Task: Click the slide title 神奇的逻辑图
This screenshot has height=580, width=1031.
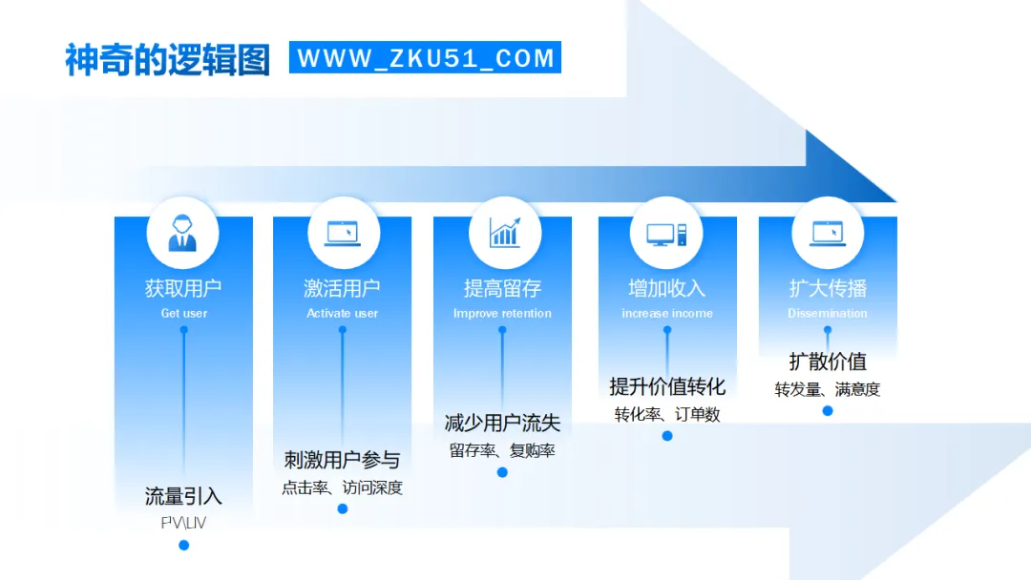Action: coord(167,59)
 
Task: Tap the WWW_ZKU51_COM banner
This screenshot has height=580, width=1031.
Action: coord(425,58)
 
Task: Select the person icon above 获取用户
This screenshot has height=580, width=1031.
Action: coord(182,233)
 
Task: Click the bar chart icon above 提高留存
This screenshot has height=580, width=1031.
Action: coord(504,233)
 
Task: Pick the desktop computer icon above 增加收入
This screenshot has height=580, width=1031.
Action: coord(666,233)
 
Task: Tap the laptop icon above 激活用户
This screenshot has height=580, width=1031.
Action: coord(343,233)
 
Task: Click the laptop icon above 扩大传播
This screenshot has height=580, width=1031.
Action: coord(827,233)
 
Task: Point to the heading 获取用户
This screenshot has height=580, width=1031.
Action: coord(183,288)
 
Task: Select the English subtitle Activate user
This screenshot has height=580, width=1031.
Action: coord(343,313)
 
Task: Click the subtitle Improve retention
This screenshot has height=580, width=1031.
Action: coord(502,313)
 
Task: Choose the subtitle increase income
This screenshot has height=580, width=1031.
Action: coord(667,313)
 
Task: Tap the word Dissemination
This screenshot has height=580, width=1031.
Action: coord(828,313)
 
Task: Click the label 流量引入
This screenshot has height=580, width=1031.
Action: coord(183,496)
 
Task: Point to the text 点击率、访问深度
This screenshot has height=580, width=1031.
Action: coord(342,487)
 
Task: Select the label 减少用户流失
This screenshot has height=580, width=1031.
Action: coord(502,424)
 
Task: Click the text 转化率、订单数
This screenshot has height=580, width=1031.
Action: coord(667,414)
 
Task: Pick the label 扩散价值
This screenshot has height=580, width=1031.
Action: coord(828,362)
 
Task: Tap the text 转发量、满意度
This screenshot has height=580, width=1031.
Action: coord(828,389)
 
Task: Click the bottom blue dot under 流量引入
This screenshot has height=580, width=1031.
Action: coord(184,545)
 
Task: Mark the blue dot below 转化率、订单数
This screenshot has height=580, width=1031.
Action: coord(667,436)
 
